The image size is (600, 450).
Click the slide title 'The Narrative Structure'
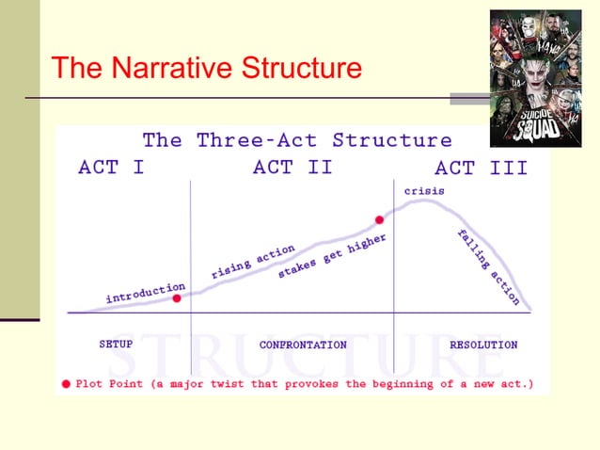click(206, 69)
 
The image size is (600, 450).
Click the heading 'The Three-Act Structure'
click(297, 140)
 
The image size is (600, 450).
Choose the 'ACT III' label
click(481, 169)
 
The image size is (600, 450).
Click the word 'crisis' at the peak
click(424, 190)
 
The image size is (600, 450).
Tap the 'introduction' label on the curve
click(145, 292)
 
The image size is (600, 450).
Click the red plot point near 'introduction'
click(177, 297)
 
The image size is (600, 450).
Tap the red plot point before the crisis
click(380, 220)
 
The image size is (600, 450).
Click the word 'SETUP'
click(116, 345)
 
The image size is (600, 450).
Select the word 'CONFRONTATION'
click(303, 346)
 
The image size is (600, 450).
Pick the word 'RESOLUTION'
click(483, 346)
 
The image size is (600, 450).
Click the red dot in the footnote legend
click(65, 384)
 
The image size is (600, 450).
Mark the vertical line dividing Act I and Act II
click(191, 273)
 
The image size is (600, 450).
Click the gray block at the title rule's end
click(468, 98)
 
